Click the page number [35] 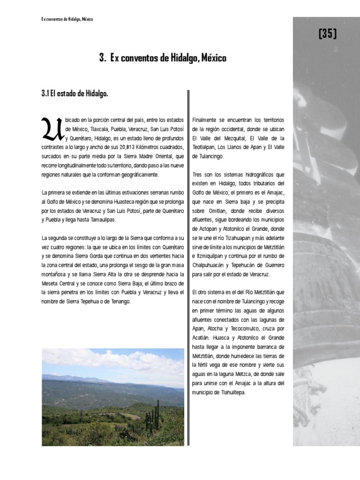[x=327, y=34]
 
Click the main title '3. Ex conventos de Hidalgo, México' [x=163, y=58]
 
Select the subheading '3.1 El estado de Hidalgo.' [x=75, y=93]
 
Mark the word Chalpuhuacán [x=210, y=265]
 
